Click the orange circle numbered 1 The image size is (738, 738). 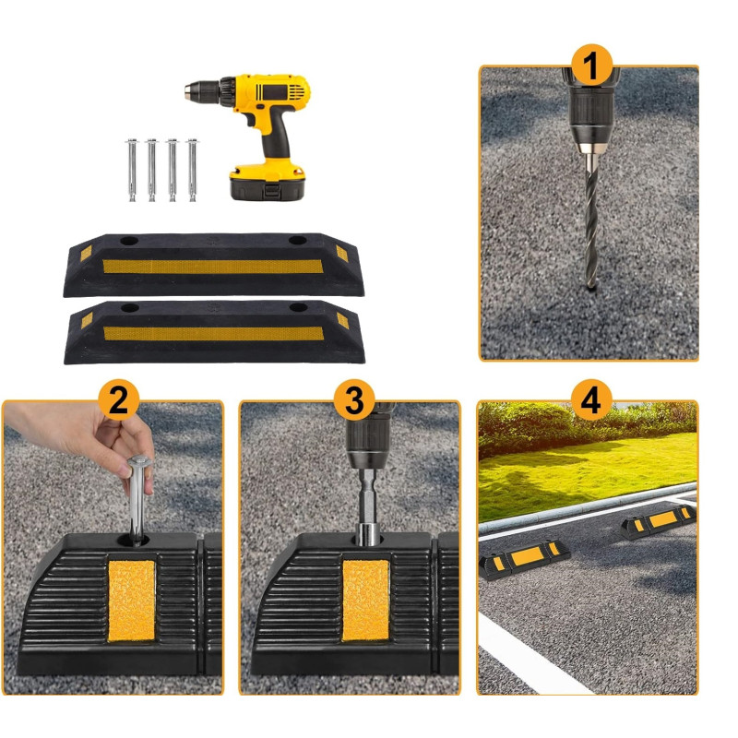point(591,65)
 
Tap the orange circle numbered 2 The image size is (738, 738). point(119,399)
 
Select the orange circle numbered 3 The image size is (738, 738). point(354,399)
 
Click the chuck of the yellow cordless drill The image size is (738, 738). point(203,91)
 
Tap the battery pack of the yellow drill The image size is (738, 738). point(267,181)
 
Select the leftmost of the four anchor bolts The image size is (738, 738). point(132,170)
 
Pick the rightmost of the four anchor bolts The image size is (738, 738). point(193,170)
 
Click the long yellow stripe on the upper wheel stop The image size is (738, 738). point(213,267)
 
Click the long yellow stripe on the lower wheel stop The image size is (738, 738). point(214,333)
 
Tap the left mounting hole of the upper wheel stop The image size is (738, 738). point(129,241)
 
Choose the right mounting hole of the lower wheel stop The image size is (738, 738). point(298,307)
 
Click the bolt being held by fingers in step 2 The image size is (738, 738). point(137,500)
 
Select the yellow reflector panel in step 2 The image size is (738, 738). point(131,601)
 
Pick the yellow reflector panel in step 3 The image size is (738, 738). point(365,601)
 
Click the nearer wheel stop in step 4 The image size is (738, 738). point(524,559)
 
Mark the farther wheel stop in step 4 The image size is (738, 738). point(658,521)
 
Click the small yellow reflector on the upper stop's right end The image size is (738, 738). point(341,254)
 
